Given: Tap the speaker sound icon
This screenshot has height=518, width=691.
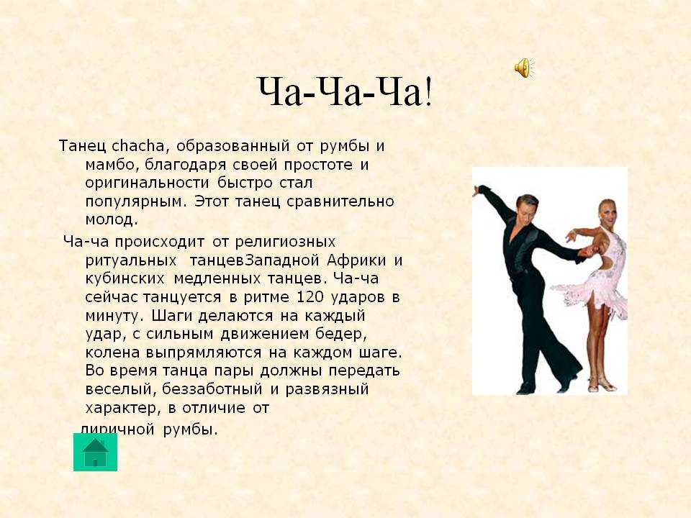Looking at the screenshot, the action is pos(524,68).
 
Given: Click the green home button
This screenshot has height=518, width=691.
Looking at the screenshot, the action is pos(95,452).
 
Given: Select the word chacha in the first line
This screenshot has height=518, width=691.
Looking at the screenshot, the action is pos(137,145).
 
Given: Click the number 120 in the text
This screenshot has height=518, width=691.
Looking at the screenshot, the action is pos(310,297).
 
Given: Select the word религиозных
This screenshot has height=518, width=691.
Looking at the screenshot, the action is pos(285,242).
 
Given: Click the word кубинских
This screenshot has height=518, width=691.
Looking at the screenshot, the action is pos(125,278).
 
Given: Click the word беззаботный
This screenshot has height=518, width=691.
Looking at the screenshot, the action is pos(212,389).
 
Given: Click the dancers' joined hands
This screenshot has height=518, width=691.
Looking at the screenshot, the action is pos(588,252).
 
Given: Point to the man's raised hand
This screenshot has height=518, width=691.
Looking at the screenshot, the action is pos(477,191).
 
